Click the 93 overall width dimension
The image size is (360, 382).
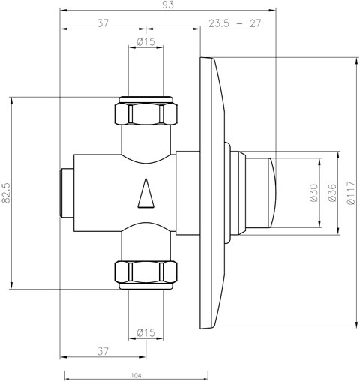click(167, 5)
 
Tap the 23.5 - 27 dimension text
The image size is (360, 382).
click(235, 23)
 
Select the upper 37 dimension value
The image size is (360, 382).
click(103, 23)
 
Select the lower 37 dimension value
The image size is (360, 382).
click(103, 351)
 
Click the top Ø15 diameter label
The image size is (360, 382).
click(146, 41)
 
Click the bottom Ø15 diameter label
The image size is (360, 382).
click(146, 332)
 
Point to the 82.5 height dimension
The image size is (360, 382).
click(5, 193)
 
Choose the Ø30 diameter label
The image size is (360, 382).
click(313, 193)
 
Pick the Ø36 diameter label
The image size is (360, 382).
click(332, 193)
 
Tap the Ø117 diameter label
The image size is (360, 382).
click(351, 193)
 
